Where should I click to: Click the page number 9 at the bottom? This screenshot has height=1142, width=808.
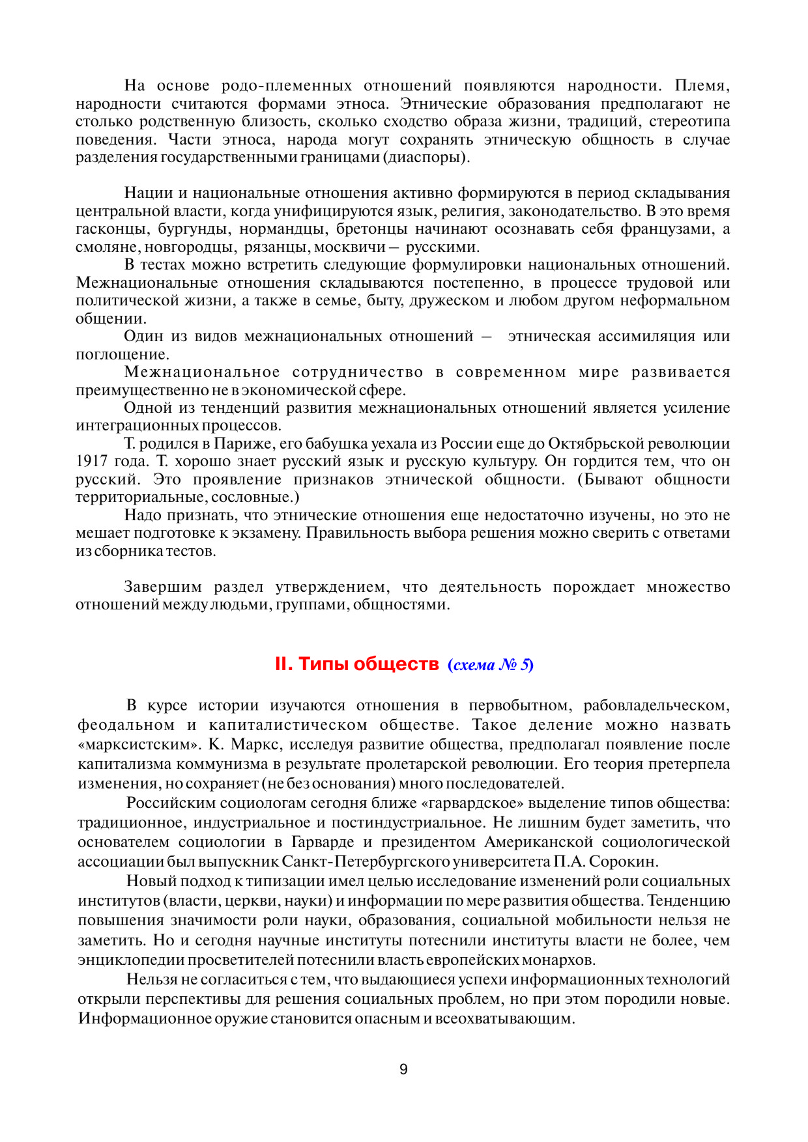403,1069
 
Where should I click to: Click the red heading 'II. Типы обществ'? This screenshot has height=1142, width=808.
356,664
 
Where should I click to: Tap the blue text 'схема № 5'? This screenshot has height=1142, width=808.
491,665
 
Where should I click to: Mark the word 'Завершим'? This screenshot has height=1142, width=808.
163,587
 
